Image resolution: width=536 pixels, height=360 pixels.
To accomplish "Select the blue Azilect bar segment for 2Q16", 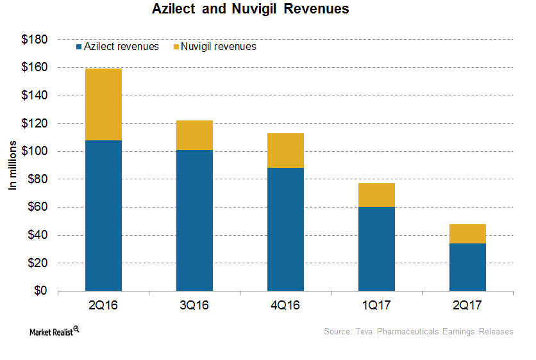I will tap(103, 215).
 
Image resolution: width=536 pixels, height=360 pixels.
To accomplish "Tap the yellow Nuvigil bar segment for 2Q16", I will tap(103, 104).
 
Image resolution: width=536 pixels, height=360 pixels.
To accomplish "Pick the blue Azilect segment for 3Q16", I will tap(194, 220).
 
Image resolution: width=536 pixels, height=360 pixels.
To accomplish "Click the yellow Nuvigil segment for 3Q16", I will tap(194, 135).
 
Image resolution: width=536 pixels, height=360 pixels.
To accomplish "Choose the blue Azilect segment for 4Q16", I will tap(285, 229).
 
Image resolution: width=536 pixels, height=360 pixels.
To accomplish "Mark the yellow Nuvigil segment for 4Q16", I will tap(285, 151).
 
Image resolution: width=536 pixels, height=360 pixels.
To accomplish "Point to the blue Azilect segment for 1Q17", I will tap(376, 249).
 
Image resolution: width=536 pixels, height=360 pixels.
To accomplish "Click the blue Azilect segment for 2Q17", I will tap(467, 267).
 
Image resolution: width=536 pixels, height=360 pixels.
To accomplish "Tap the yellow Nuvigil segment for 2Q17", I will tap(467, 234).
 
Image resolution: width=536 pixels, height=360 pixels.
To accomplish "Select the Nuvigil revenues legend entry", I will tap(214, 47).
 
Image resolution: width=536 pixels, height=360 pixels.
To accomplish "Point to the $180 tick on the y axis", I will tap(33, 40).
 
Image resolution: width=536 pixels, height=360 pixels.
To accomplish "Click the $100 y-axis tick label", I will tap(33, 151).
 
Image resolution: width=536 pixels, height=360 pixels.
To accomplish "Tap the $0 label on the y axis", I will tap(39, 291).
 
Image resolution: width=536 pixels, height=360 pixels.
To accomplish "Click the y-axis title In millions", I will tap(12, 166).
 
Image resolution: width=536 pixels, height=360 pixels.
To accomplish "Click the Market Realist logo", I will tap(54, 331).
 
